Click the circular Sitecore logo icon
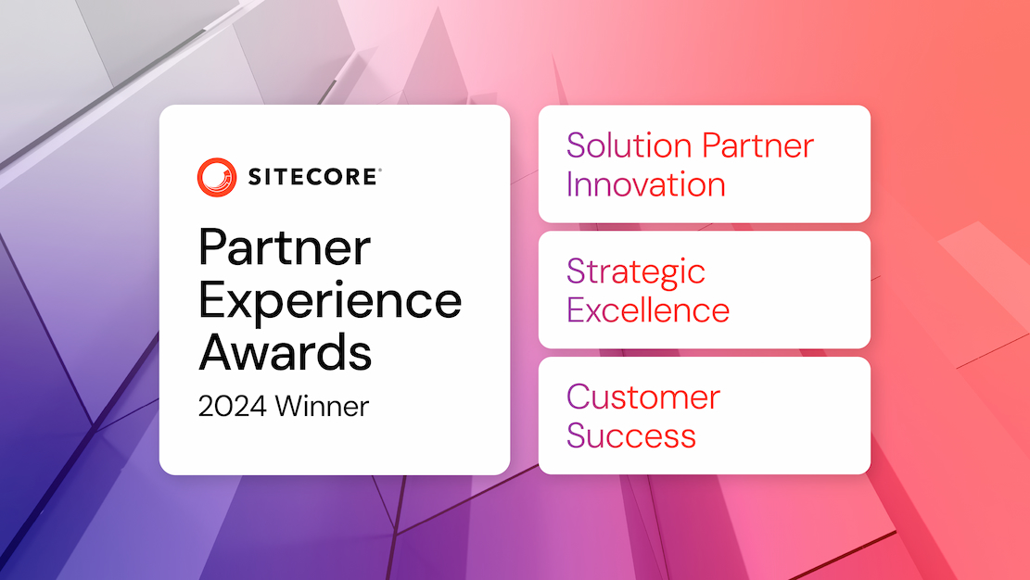coord(217,177)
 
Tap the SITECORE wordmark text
coord(312,177)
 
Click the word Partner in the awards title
coord(285,247)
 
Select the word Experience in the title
coord(330,302)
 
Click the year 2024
coord(233,407)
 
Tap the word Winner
coord(322,407)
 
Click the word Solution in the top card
coord(629,145)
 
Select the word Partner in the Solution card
coord(758,145)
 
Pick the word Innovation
coord(646,184)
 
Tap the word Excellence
coord(648,310)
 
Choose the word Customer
coord(643,397)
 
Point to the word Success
coord(630,435)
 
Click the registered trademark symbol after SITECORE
coord(379,170)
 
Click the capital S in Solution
coord(576,145)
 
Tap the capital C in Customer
coord(579,397)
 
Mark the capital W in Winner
coord(290,406)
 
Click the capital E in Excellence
coord(576,310)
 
